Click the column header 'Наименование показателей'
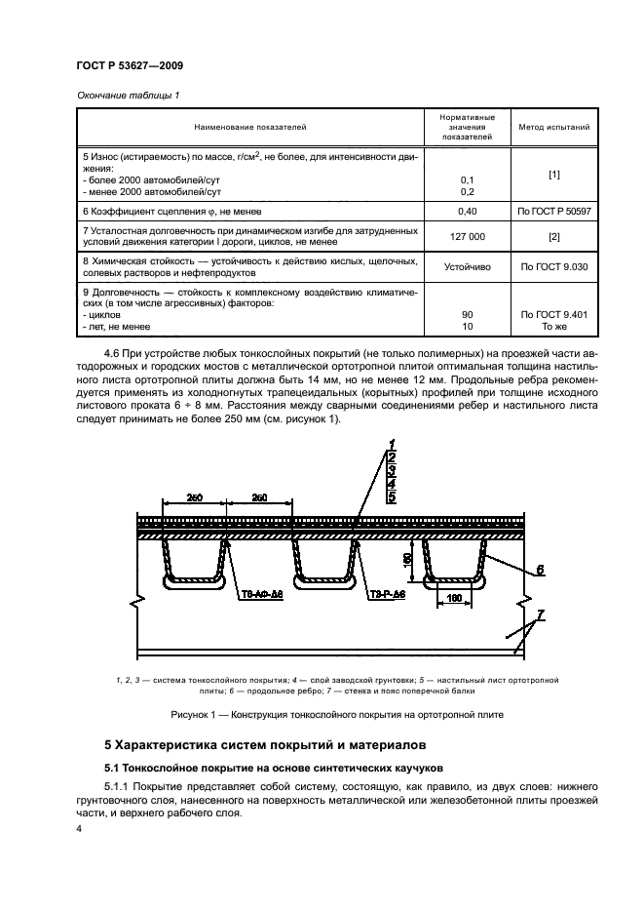[249, 127]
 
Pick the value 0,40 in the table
[466, 210]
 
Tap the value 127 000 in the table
[466, 237]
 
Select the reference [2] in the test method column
[553, 237]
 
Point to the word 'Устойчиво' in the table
[466, 265]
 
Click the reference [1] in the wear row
[553, 174]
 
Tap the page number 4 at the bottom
[78, 829]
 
